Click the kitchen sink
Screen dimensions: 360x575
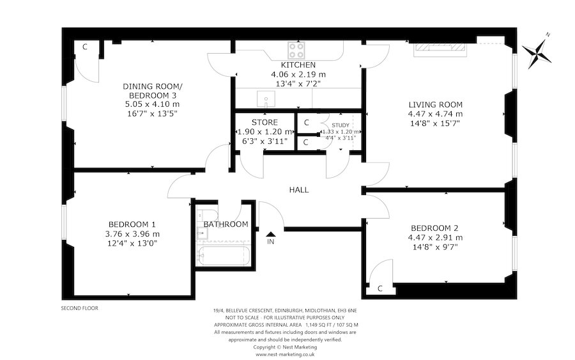pos(266,98)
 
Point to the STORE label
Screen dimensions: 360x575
pos(264,121)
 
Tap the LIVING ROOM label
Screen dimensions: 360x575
pos(436,104)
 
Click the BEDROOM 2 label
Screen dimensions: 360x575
pos(434,228)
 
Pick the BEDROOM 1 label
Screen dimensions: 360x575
pos(132,224)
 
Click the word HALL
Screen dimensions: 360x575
pos(299,190)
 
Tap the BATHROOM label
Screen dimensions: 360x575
pos(226,224)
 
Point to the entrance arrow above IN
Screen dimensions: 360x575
pos(271,235)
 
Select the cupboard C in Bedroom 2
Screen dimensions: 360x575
pos(379,288)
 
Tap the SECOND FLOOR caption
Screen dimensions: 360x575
pos(80,308)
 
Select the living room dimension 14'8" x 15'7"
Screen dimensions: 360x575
pos(436,123)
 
